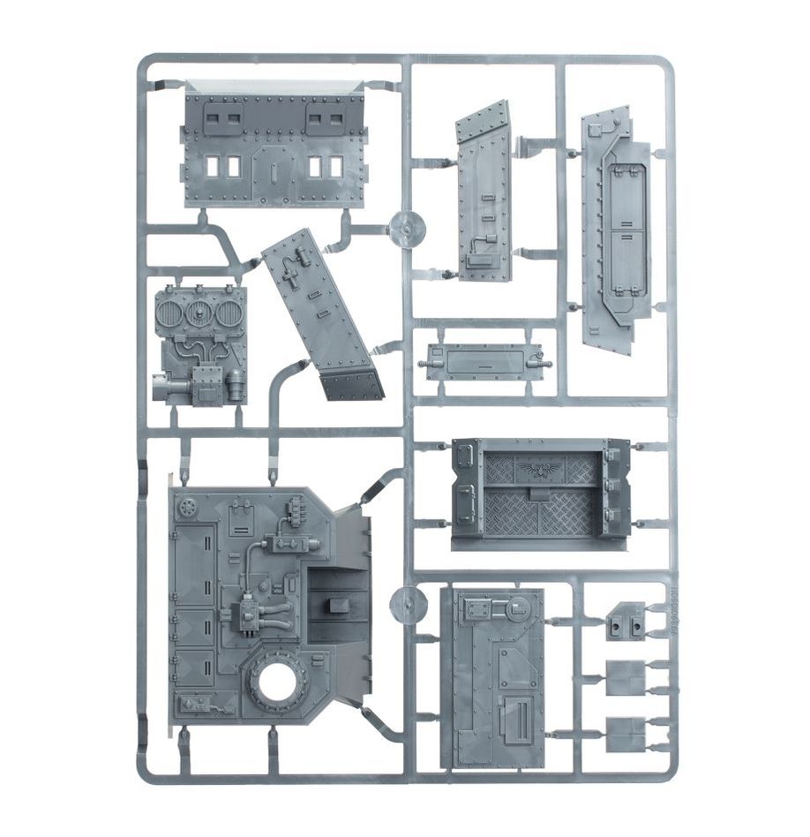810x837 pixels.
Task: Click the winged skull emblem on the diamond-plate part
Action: [540, 467]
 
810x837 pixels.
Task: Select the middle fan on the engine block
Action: [200, 313]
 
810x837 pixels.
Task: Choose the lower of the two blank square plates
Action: [626, 734]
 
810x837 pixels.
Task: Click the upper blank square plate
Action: [626, 678]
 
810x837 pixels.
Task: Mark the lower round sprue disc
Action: [405, 605]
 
